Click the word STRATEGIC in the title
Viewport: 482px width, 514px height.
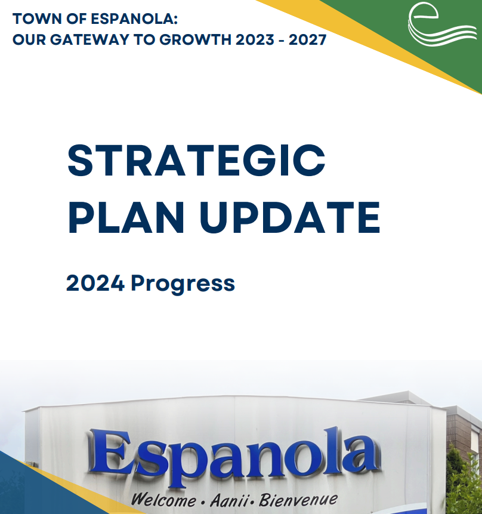click(196, 161)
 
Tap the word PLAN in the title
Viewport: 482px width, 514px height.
click(125, 217)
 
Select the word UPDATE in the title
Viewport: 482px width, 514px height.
click(290, 218)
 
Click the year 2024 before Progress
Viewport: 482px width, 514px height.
click(95, 283)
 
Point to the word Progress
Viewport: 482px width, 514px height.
click(183, 284)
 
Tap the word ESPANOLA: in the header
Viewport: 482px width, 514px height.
click(134, 19)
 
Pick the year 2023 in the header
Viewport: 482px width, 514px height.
click(255, 39)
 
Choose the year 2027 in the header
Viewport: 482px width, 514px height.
click(307, 39)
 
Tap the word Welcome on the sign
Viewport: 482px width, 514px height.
click(163, 500)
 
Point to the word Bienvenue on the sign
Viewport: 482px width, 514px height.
click(298, 499)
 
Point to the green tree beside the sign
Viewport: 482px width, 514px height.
click(464, 482)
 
